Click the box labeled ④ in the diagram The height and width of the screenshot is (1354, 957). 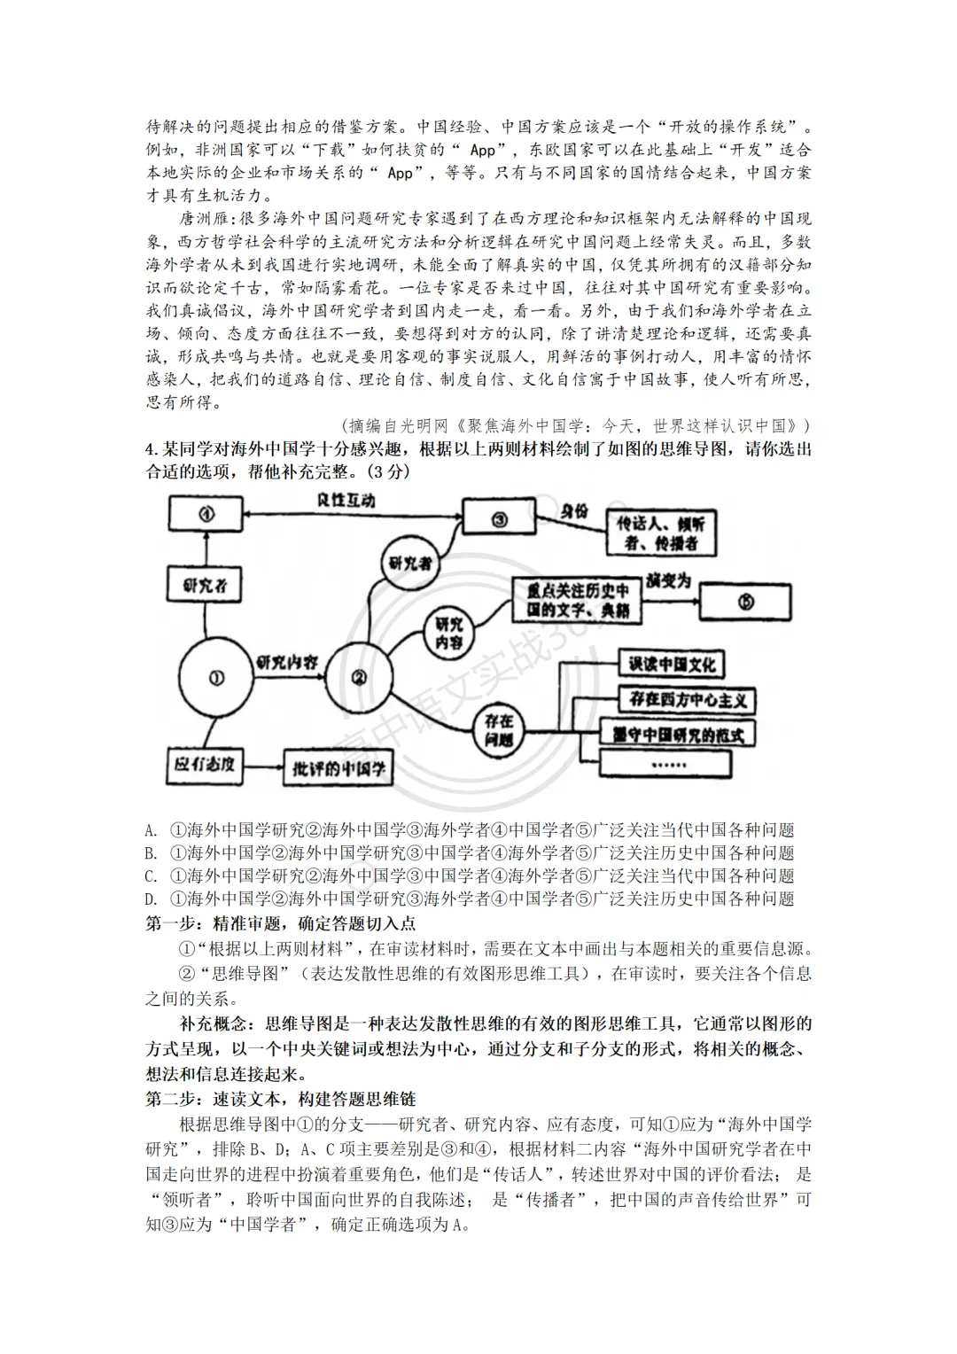click(206, 514)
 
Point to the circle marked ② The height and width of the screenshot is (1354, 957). click(360, 678)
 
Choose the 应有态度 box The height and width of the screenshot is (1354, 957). click(205, 764)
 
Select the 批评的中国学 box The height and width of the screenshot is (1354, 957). click(339, 770)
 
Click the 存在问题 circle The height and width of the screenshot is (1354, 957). click(500, 732)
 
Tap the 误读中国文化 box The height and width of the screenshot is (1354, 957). click(671, 665)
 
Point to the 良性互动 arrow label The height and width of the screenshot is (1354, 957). click(346, 501)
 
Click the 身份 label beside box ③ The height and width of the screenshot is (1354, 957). click(574, 512)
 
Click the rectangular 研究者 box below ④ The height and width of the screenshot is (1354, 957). click(205, 586)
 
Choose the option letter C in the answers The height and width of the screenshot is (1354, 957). click(152, 876)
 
